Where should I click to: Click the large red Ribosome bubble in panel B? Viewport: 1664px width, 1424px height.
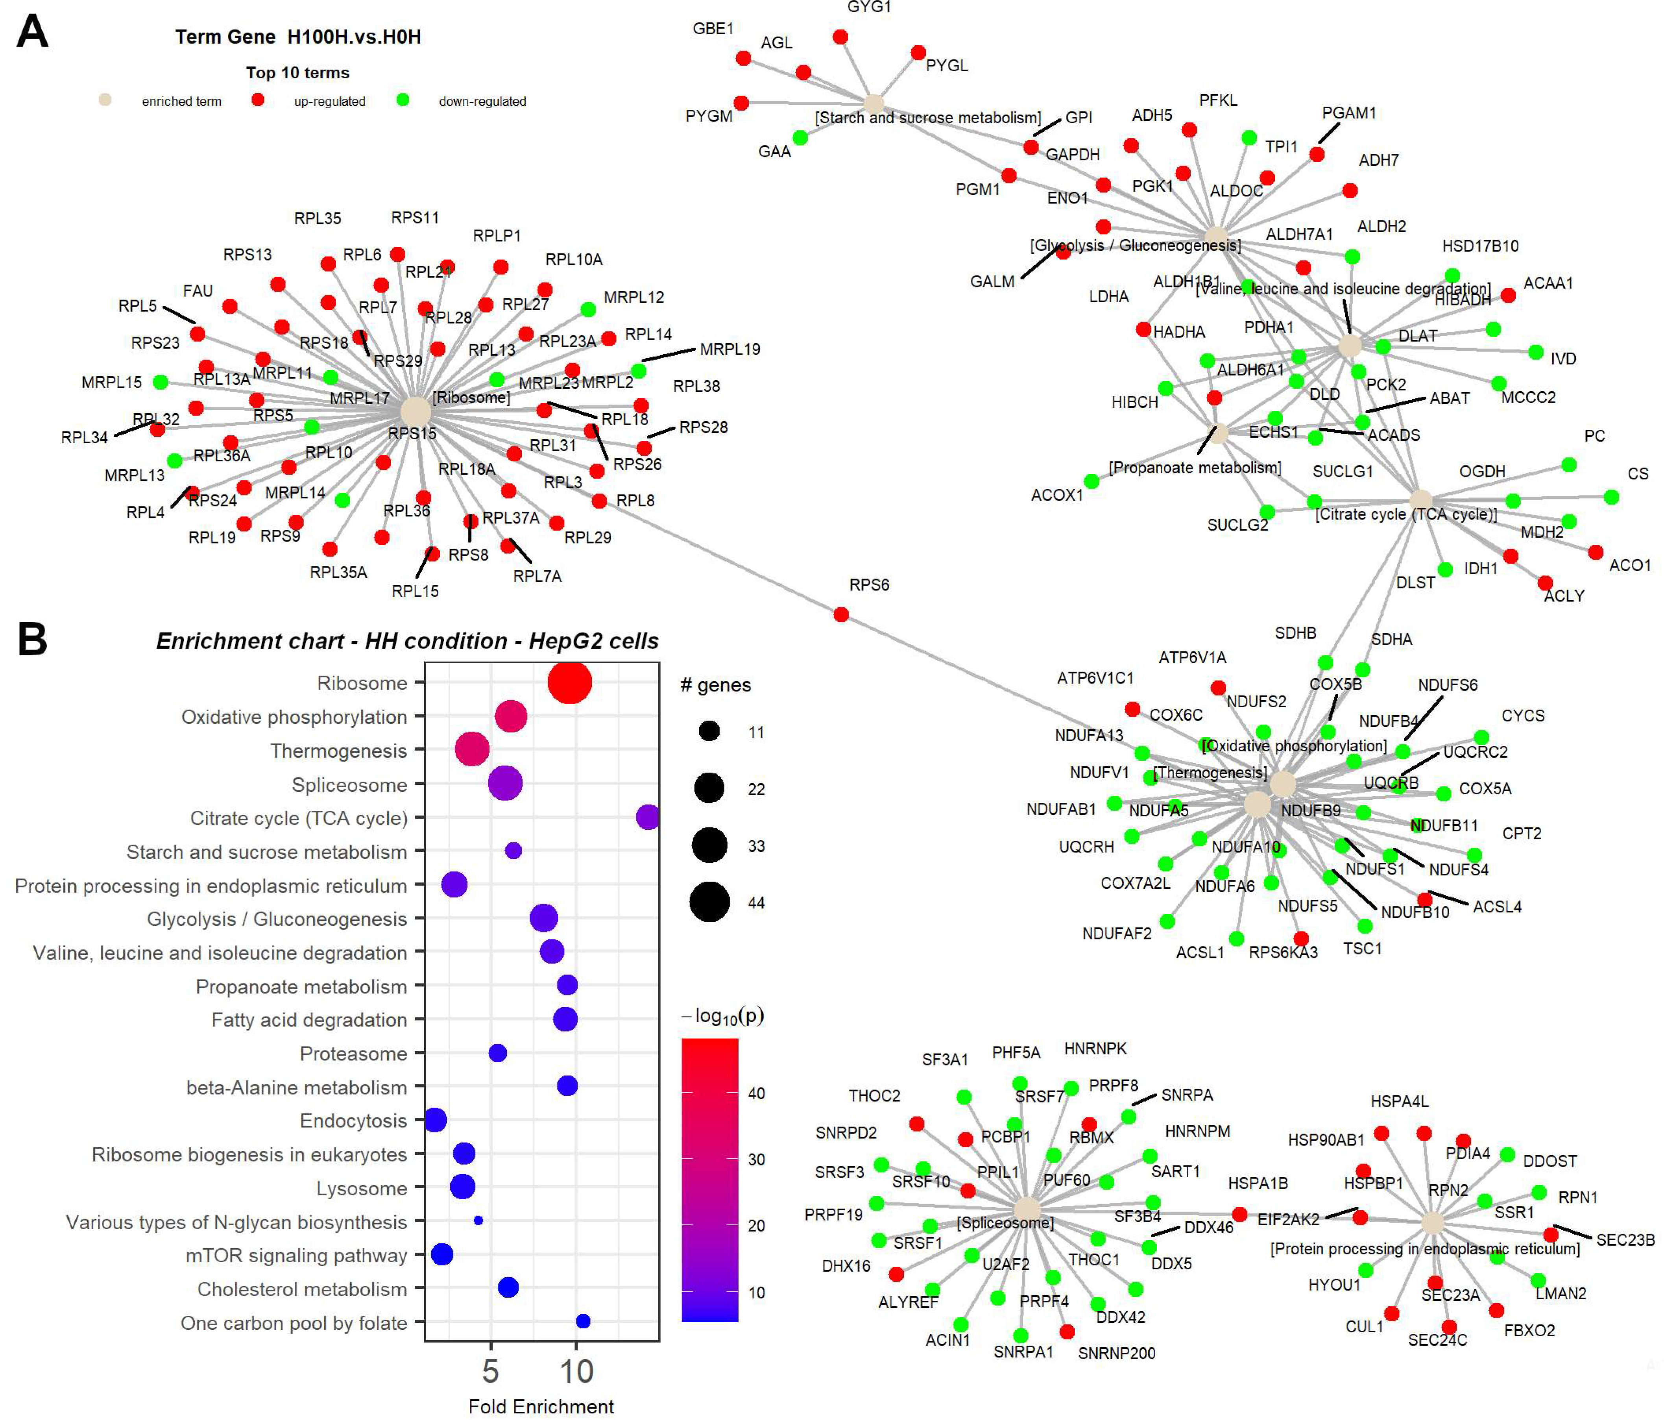click(569, 683)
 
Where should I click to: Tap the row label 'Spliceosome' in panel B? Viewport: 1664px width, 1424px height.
click(349, 785)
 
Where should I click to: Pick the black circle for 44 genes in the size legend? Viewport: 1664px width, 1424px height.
click(709, 902)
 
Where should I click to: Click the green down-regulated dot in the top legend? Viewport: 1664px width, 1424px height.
click(403, 100)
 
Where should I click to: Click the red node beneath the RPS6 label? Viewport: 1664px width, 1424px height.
click(841, 614)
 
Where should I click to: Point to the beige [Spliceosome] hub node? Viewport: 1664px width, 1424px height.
click(1027, 1209)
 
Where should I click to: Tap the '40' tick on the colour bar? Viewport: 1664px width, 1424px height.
click(756, 1093)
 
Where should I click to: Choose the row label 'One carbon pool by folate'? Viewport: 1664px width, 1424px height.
click(294, 1323)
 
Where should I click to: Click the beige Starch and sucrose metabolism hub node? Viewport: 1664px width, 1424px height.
click(874, 104)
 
